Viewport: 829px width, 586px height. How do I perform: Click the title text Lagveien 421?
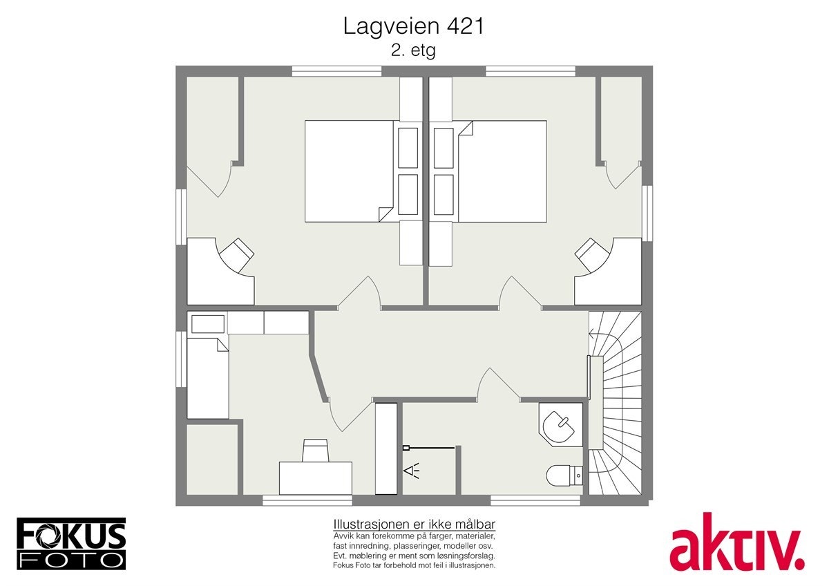414,26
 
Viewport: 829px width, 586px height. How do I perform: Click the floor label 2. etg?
414,50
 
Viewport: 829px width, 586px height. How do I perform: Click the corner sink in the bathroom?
560,424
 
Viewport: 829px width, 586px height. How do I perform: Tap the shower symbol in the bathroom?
412,471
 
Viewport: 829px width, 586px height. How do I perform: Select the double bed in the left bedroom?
350,171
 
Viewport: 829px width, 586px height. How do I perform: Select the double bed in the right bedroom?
502,171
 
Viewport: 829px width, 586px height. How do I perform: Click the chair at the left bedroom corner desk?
236,254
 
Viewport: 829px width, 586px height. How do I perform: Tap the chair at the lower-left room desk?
316,451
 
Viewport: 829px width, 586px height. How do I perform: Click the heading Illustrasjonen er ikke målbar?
414,524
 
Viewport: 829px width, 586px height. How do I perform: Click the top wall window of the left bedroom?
336,70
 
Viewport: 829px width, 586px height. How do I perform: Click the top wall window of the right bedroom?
530,70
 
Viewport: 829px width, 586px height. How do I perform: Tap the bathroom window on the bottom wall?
535,500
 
